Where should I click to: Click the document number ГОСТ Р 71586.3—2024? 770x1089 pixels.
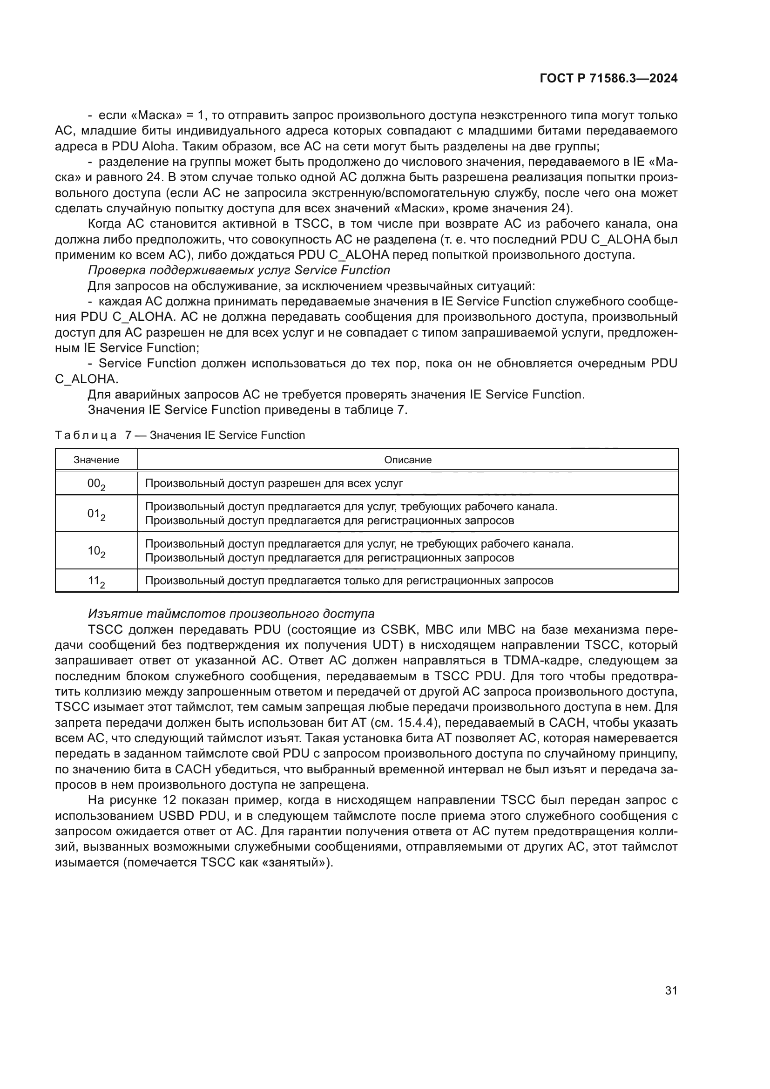(x=608, y=79)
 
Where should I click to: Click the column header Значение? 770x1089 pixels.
(x=96, y=460)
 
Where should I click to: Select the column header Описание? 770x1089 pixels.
(x=408, y=460)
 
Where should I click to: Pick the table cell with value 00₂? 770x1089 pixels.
(x=96, y=484)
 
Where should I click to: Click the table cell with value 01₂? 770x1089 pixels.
(x=96, y=514)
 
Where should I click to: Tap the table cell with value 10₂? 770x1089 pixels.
(x=96, y=551)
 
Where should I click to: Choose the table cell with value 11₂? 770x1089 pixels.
(x=96, y=581)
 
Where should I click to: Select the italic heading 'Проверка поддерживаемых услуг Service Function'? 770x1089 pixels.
(x=239, y=271)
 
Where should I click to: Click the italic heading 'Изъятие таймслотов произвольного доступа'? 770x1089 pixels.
(x=231, y=614)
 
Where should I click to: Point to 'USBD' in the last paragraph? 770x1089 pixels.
(x=175, y=816)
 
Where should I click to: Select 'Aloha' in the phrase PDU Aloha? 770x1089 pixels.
(x=159, y=146)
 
